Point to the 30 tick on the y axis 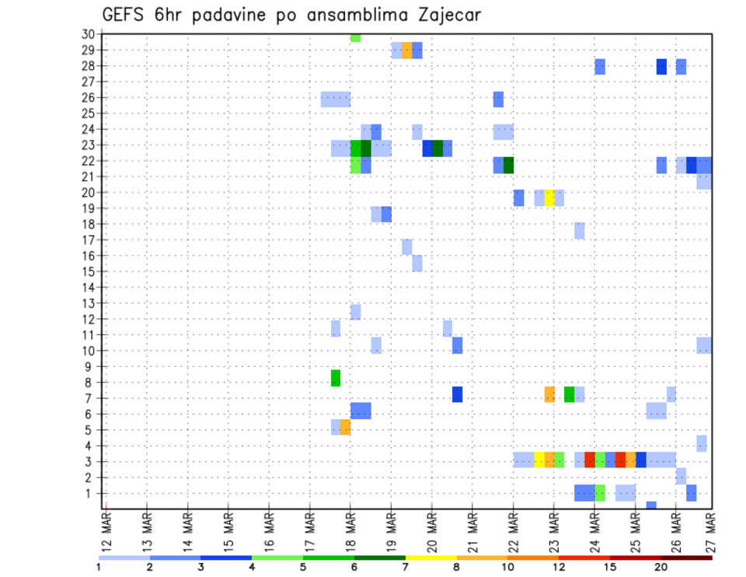pyautogui.click(x=89, y=34)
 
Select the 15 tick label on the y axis pyautogui.click(x=89, y=271)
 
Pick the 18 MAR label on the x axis pyautogui.click(x=350, y=532)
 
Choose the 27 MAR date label pyautogui.click(x=712, y=532)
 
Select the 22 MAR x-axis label pyautogui.click(x=513, y=532)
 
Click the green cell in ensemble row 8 pyautogui.click(x=336, y=378)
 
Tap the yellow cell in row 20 pyautogui.click(x=549, y=198)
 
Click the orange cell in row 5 pyautogui.click(x=346, y=427)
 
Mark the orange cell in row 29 pyautogui.click(x=407, y=51)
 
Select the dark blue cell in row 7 pyautogui.click(x=458, y=394)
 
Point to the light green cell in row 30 pyautogui.click(x=356, y=37)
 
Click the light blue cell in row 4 pyautogui.click(x=702, y=442)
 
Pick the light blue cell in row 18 pyautogui.click(x=580, y=230)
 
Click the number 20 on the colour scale pyautogui.click(x=661, y=567)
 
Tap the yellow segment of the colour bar pyautogui.click(x=431, y=558)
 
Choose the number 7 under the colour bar pyautogui.click(x=406, y=567)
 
